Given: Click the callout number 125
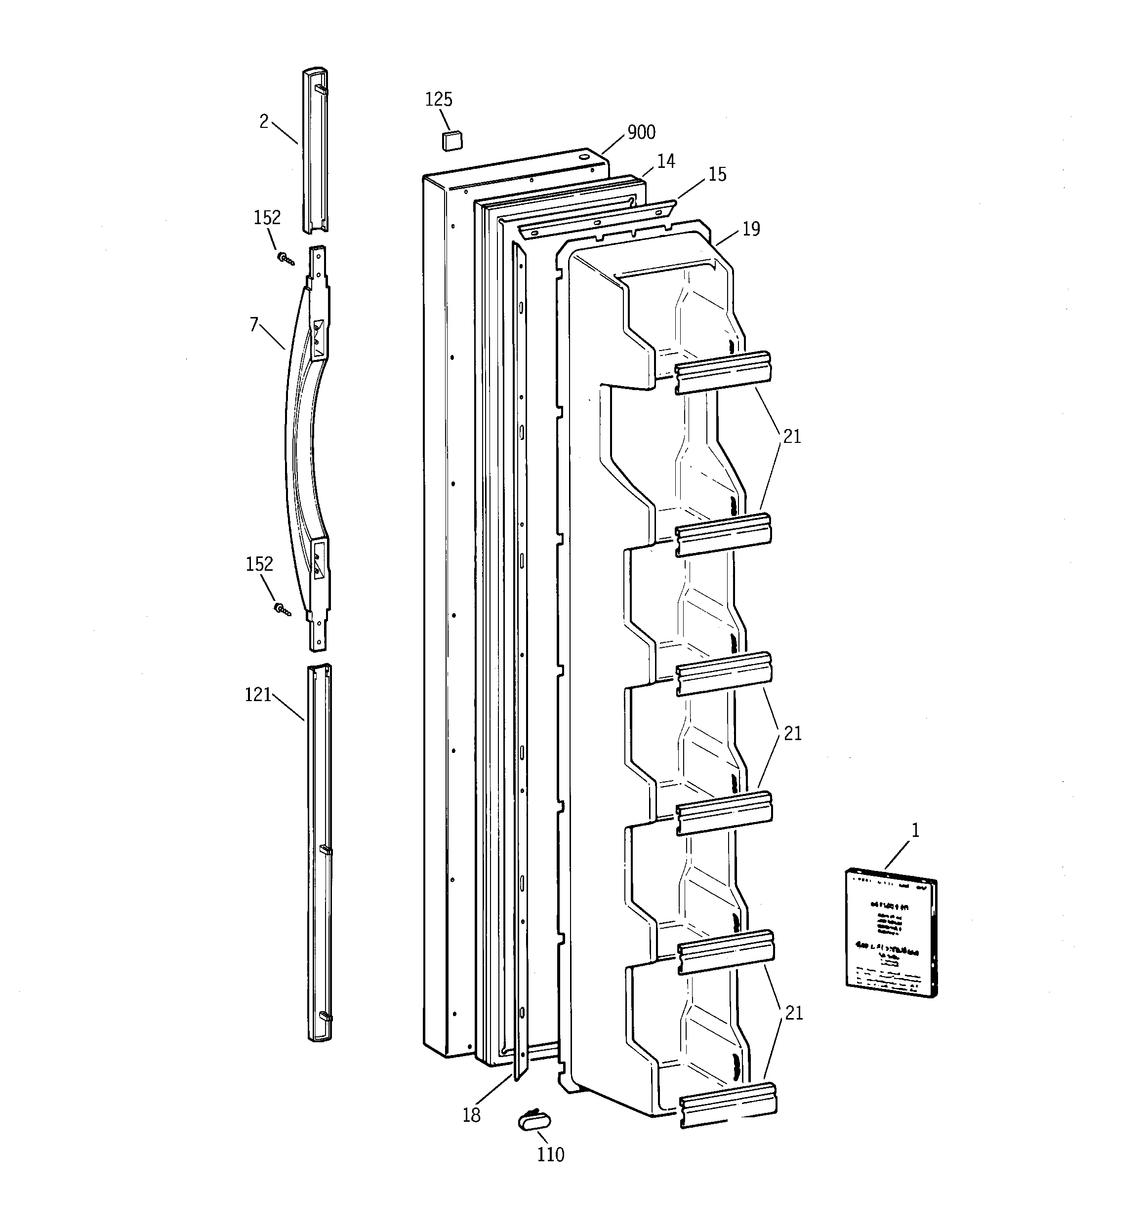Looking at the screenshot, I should tap(439, 100).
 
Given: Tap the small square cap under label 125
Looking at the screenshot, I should tap(452, 140).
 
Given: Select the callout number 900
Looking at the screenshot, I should tap(641, 133).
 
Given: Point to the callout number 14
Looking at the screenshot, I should tap(665, 161).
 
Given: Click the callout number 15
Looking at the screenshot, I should tap(717, 175).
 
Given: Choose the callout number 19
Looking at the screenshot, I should tap(751, 229).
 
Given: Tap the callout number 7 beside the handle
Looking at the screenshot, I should tap(254, 324).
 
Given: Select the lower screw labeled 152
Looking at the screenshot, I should tap(283, 609).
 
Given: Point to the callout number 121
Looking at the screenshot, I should tap(258, 695).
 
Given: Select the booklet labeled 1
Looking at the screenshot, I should tap(891, 933).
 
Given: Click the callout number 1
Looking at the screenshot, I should tap(915, 831).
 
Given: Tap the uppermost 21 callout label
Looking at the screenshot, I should tap(792, 436).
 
